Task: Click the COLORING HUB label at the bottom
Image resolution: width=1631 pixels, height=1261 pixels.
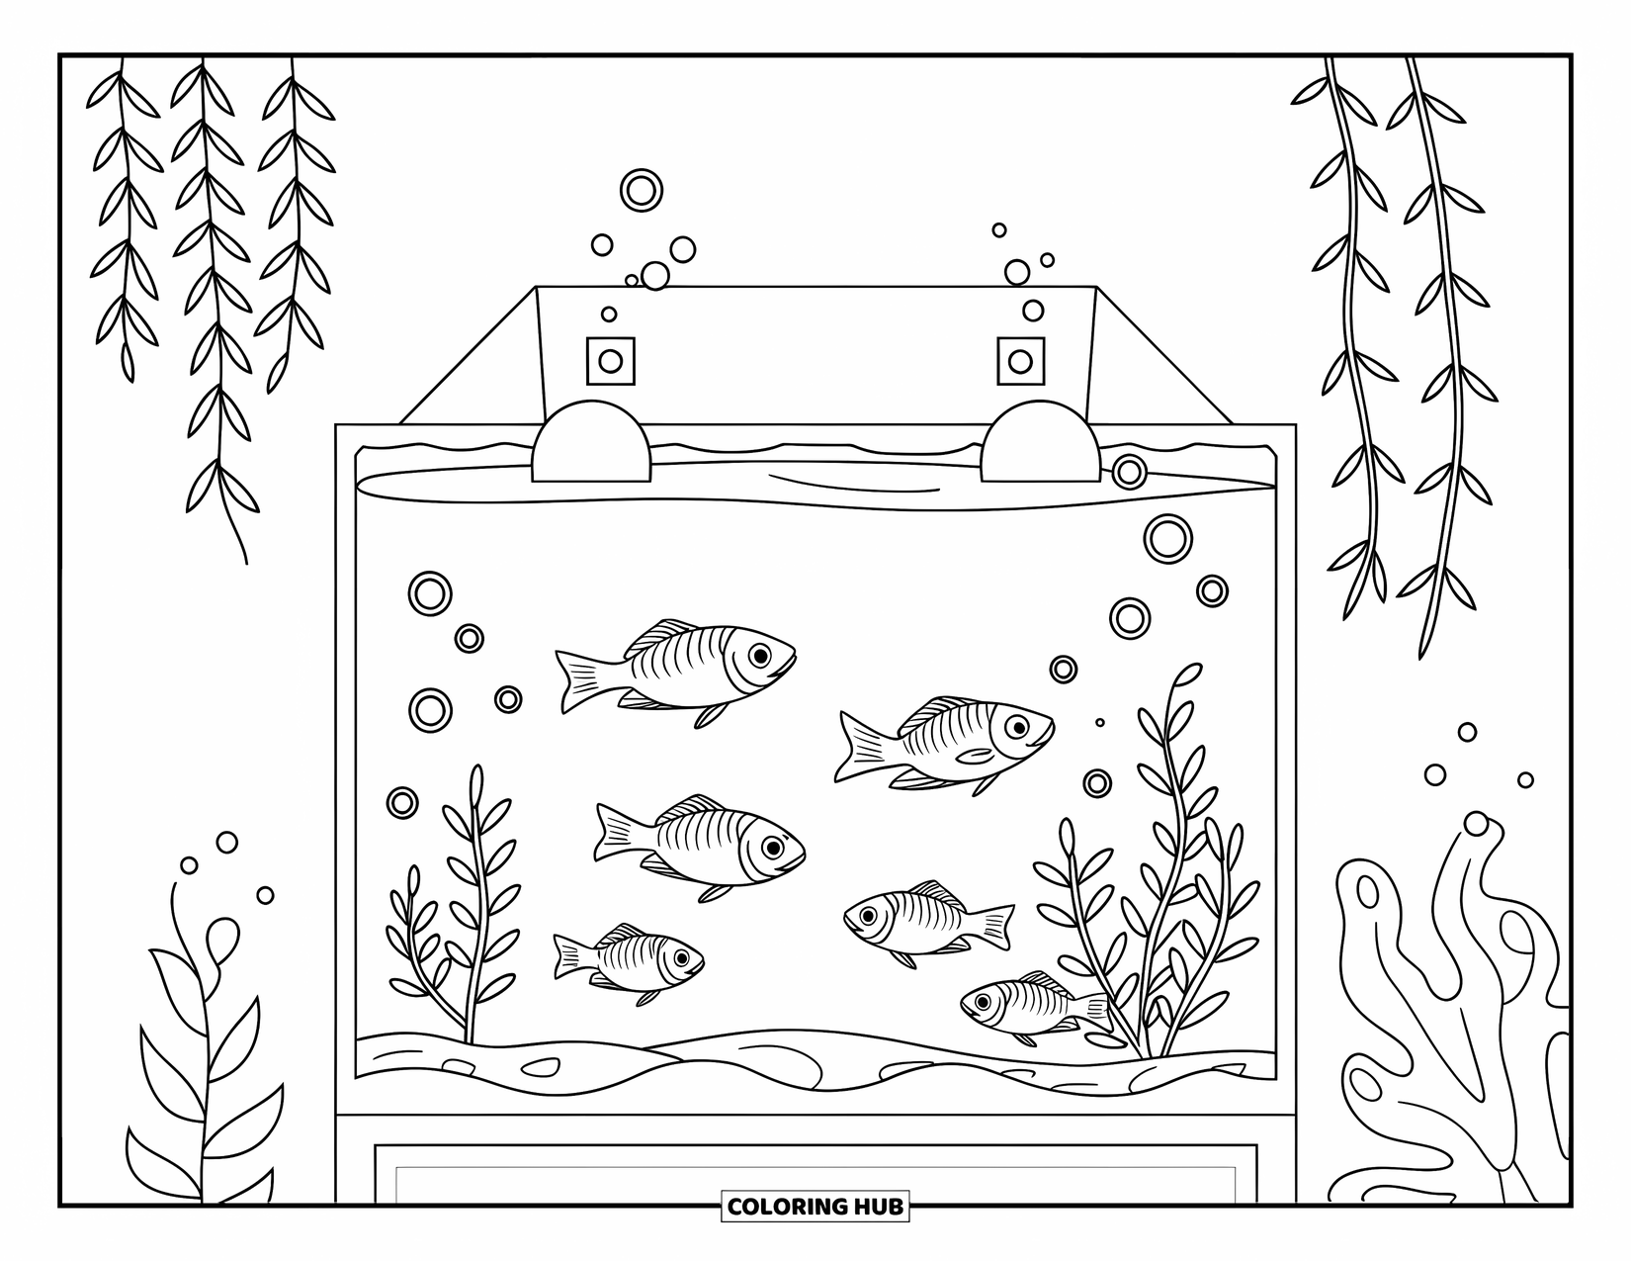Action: click(x=815, y=1206)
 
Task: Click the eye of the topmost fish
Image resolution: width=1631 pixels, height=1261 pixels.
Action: click(x=759, y=655)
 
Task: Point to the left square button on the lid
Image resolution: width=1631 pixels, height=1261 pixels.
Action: click(x=610, y=361)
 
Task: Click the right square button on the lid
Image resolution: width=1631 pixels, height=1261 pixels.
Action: click(x=1020, y=361)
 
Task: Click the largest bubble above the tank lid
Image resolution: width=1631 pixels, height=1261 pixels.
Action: click(x=641, y=189)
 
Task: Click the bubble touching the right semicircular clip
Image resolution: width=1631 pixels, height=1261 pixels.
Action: click(x=1129, y=472)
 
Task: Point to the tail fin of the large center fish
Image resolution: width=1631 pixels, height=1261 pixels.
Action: click(x=616, y=831)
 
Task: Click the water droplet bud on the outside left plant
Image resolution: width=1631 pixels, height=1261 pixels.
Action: click(x=221, y=936)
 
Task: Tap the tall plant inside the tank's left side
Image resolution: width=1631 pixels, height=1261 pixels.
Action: click(x=477, y=890)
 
